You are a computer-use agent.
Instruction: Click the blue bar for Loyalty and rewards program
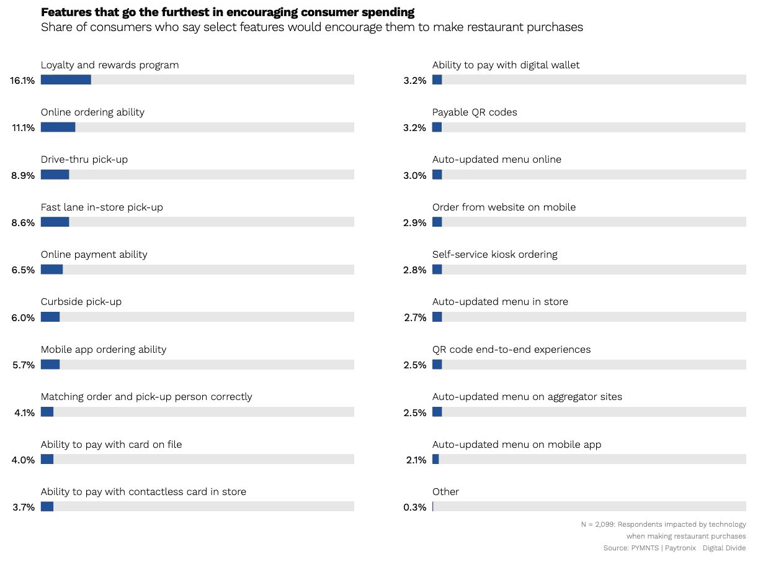point(66,80)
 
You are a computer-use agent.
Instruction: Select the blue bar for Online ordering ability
point(58,127)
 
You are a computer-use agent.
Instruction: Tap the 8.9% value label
point(23,175)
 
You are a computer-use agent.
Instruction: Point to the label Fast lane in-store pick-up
point(102,207)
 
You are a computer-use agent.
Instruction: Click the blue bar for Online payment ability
point(51,270)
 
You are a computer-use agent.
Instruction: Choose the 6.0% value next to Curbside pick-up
point(23,317)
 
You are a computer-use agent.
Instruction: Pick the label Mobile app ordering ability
point(104,349)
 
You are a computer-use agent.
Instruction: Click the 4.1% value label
point(24,412)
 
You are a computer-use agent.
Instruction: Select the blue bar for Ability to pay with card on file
point(47,459)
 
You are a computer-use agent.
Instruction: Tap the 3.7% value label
point(24,507)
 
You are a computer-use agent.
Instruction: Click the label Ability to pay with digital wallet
point(506,65)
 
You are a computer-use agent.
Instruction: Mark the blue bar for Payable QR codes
point(437,127)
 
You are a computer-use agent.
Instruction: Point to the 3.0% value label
point(414,175)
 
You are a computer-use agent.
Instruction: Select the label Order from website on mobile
point(504,207)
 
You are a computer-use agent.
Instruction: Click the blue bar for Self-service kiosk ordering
point(437,270)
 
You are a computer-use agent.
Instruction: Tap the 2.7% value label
point(415,317)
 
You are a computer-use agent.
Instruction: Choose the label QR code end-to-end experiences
point(512,349)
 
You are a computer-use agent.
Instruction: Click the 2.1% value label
point(416,460)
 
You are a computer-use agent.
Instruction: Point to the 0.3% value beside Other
point(414,507)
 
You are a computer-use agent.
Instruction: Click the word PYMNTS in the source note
point(645,548)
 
